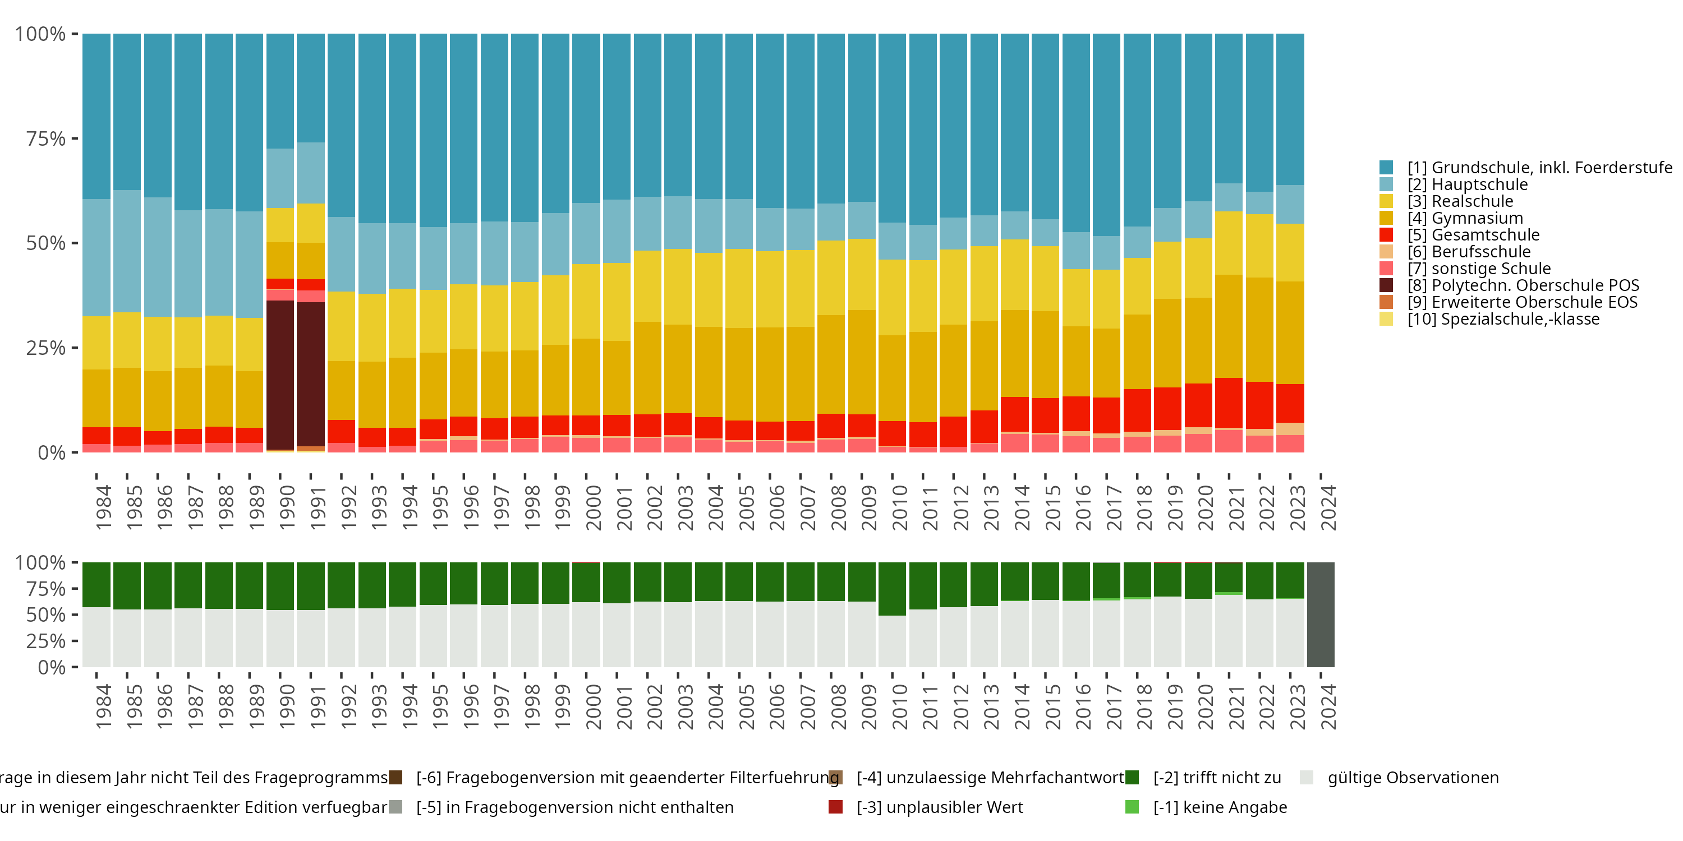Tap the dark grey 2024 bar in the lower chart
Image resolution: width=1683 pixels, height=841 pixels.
click(x=1321, y=614)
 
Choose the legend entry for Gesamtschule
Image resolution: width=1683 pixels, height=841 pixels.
click(x=1473, y=235)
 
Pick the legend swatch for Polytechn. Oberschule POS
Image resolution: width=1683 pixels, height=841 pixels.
click(x=1386, y=285)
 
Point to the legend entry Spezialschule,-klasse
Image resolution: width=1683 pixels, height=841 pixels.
click(x=1503, y=319)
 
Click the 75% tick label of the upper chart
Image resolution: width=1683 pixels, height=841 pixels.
click(x=46, y=138)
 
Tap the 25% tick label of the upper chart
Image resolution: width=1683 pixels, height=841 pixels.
click(x=46, y=348)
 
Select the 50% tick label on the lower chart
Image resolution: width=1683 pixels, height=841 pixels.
click(x=46, y=615)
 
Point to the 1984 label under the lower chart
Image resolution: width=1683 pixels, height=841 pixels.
click(x=103, y=706)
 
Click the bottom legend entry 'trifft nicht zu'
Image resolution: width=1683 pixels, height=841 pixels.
click(x=1216, y=778)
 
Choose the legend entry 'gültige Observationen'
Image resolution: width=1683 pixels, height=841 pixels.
click(x=1413, y=778)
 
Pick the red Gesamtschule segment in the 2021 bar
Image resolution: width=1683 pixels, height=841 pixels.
click(x=1228, y=403)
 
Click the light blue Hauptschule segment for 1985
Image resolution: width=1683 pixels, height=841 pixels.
click(x=127, y=251)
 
